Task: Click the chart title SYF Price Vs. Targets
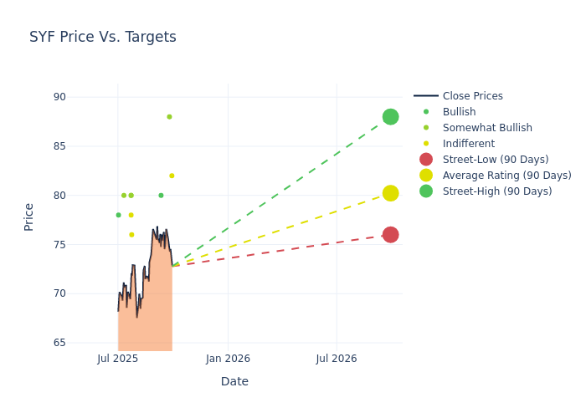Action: tap(103, 37)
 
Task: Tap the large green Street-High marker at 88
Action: tap(390, 117)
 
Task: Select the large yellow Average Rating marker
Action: tap(390, 193)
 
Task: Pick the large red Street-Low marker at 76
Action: tap(390, 235)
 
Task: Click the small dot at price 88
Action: tap(169, 117)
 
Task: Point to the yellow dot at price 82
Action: tap(172, 176)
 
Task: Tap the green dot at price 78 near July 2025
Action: tap(118, 215)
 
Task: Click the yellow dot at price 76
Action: tap(131, 235)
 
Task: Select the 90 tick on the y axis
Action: tap(59, 97)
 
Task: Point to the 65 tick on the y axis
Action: tap(59, 343)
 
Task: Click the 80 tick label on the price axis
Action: tap(59, 196)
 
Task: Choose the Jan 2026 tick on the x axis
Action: tap(228, 359)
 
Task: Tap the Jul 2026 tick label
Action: tap(337, 359)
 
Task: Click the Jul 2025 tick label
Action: tap(118, 359)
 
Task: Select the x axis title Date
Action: tap(234, 381)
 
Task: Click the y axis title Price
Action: tap(29, 217)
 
